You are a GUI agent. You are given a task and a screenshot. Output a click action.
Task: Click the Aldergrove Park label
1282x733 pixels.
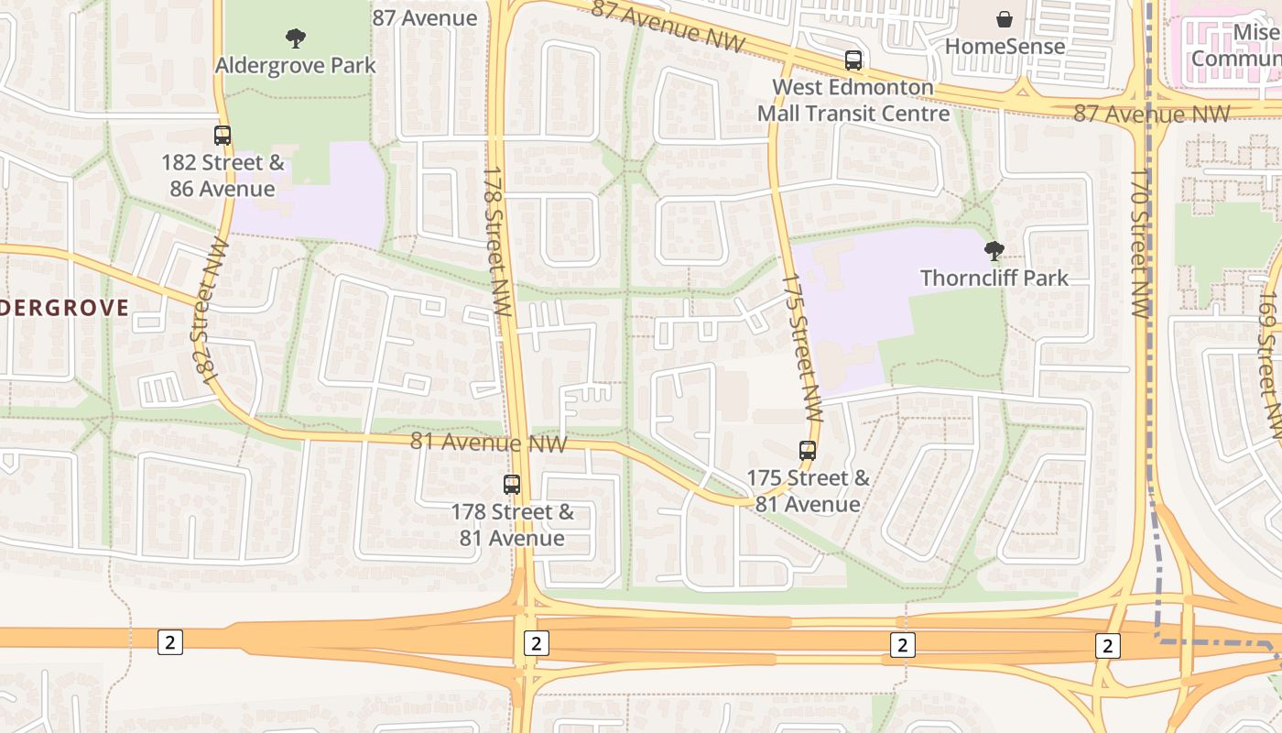(295, 66)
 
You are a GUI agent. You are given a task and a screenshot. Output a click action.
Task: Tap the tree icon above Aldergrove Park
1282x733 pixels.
(295, 38)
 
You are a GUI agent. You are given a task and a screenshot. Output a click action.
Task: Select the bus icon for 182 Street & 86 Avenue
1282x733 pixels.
(223, 136)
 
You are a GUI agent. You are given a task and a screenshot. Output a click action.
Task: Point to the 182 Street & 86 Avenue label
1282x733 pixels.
(223, 176)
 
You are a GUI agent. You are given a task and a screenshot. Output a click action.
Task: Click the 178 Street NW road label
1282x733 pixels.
(495, 241)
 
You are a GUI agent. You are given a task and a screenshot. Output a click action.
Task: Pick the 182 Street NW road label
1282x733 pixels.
(209, 311)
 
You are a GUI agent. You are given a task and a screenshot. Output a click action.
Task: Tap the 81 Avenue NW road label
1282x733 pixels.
(488, 443)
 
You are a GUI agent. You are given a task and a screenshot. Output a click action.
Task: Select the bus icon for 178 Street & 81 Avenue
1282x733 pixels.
(512, 485)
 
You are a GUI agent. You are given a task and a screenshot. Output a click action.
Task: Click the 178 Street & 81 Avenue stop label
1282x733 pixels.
(512, 525)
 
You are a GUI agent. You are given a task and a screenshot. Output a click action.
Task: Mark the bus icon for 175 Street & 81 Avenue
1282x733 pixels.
(807, 451)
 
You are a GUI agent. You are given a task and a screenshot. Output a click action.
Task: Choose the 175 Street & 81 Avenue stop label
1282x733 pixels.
(807, 491)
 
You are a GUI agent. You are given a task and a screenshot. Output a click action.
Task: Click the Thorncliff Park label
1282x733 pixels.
(994, 278)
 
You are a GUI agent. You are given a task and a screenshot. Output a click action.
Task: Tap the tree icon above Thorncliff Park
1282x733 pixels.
(994, 250)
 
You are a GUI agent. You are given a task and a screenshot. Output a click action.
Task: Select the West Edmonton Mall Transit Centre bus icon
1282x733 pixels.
(853, 61)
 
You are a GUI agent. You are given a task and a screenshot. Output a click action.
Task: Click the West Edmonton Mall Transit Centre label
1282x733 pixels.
(853, 101)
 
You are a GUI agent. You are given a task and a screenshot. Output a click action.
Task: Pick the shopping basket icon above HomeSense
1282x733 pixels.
(1005, 19)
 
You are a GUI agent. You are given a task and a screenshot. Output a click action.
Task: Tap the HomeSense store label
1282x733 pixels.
(1005, 46)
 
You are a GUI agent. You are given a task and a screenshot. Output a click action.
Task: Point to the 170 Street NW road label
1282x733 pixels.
(1140, 243)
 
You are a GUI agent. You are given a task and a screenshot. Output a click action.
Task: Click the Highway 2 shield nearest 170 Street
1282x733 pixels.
(1107, 646)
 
